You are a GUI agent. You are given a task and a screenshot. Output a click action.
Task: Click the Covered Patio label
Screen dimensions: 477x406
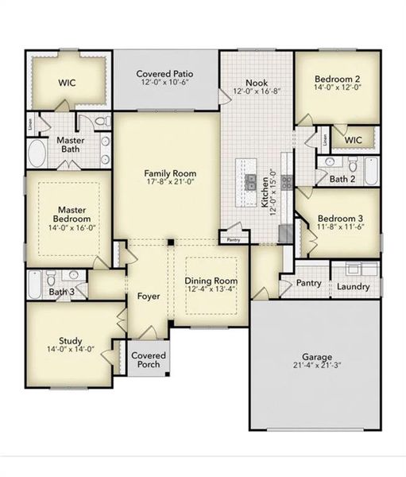165,74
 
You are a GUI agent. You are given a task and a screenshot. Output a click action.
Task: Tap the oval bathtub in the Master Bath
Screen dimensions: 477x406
37,153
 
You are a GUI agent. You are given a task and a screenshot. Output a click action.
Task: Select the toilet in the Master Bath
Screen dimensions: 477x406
101,122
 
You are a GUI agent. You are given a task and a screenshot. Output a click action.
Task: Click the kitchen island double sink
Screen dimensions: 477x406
250,180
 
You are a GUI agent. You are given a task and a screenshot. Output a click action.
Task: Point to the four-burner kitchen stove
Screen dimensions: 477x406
285,180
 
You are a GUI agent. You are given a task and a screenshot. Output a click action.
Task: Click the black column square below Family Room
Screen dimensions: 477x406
169,241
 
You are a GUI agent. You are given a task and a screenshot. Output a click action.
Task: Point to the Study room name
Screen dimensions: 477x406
70,341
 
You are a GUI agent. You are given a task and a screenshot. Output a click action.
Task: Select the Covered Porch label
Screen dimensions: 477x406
147,359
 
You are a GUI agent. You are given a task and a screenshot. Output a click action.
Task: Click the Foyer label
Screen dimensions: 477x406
148,297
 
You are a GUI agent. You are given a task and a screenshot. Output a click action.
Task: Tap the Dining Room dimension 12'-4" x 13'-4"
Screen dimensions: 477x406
211,289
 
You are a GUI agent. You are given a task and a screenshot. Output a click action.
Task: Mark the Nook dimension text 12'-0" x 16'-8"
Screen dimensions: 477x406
255,91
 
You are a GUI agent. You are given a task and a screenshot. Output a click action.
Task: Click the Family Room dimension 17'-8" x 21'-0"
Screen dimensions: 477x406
170,183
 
